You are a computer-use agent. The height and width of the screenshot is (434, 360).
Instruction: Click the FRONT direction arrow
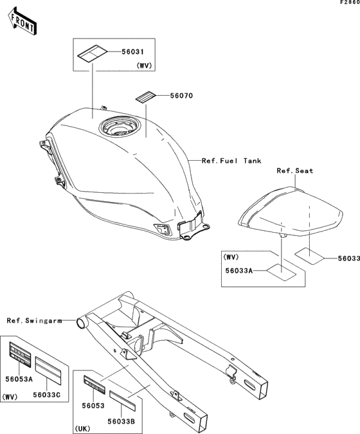pyautogui.click(x=22, y=21)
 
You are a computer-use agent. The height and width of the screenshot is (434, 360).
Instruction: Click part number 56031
pyautogui.click(x=133, y=52)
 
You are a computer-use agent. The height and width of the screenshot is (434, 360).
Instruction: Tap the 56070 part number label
pyautogui.click(x=181, y=96)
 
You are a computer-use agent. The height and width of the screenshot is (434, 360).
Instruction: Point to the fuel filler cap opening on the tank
pyautogui.click(x=120, y=126)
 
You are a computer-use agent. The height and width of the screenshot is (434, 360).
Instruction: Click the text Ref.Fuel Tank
pyautogui.click(x=231, y=161)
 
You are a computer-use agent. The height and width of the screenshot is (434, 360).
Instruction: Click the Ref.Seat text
pyautogui.click(x=295, y=171)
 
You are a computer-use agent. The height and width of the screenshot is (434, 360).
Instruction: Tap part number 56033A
pyautogui.click(x=239, y=271)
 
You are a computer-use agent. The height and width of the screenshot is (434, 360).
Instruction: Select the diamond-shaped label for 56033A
pyautogui.click(x=281, y=272)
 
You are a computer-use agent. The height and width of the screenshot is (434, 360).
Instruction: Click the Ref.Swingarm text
pyautogui.click(x=34, y=321)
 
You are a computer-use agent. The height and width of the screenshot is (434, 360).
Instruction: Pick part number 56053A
pyautogui.click(x=19, y=379)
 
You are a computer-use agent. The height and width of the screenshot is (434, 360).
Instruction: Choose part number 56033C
pyautogui.click(x=46, y=395)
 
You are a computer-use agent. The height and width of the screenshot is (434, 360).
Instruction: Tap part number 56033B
pyautogui.click(x=122, y=422)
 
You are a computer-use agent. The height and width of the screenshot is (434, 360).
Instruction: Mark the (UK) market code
pyautogui.click(x=82, y=429)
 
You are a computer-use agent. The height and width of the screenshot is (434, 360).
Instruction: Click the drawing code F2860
pyautogui.click(x=350, y=2)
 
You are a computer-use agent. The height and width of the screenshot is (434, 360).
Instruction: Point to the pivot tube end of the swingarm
pyautogui.click(x=82, y=323)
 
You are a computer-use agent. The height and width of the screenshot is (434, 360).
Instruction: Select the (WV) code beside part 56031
pyautogui.click(x=144, y=66)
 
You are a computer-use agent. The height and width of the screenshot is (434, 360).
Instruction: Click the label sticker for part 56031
pyautogui.click(x=92, y=54)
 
